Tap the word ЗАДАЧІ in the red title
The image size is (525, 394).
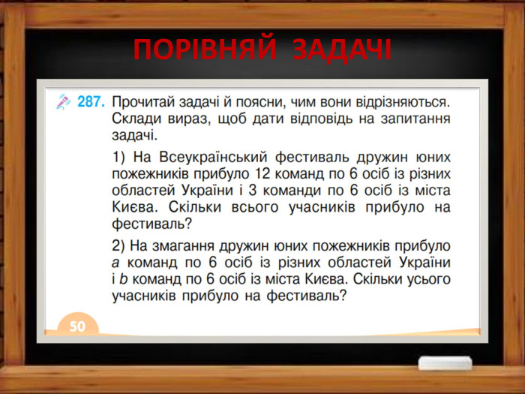click(x=340, y=50)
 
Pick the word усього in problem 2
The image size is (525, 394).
click(x=423, y=279)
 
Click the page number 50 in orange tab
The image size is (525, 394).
click(x=78, y=326)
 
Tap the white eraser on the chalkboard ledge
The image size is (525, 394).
click(x=445, y=363)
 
